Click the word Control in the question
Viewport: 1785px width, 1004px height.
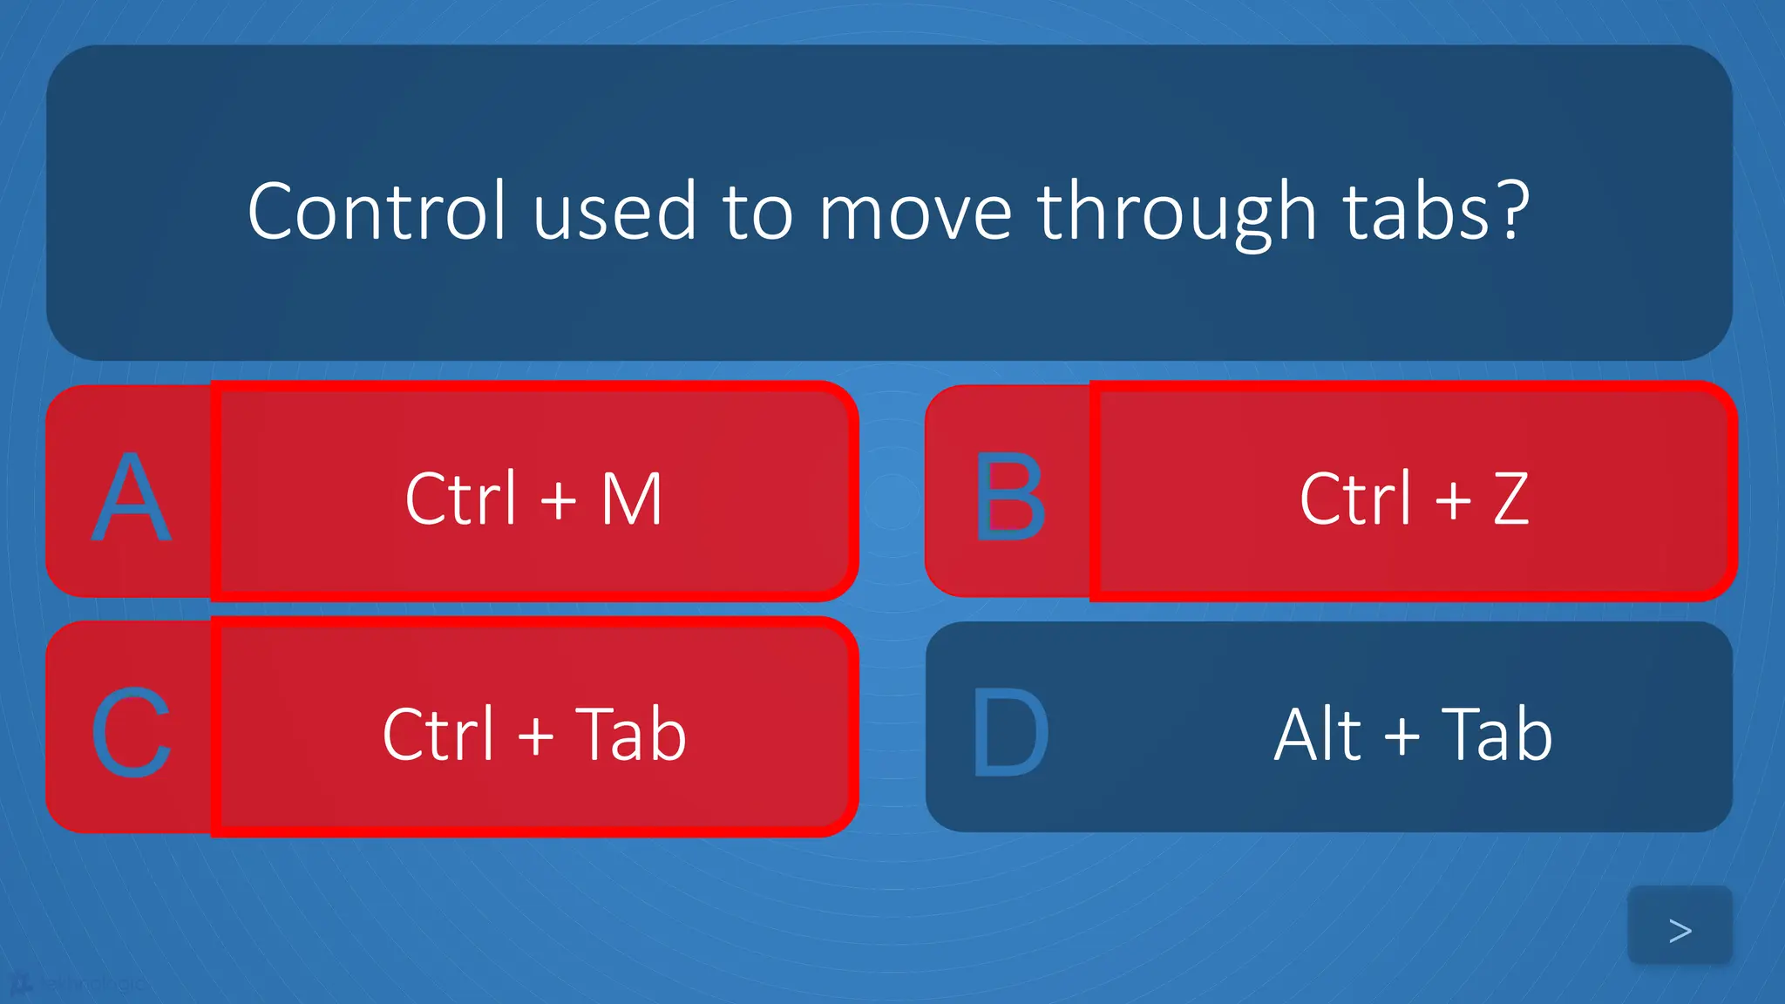[377, 211]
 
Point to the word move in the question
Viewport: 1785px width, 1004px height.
[914, 213]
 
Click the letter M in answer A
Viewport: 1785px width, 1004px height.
[632, 499]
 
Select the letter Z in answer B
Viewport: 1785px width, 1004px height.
[1510, 499]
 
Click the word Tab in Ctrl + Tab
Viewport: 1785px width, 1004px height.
[630, 734]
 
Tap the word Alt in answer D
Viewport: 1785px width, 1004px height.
[1317, 734]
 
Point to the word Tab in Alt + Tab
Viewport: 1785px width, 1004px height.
[1497, 734]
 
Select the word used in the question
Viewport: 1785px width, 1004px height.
[614, 213]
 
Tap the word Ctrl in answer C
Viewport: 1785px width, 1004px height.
[438, 734]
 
